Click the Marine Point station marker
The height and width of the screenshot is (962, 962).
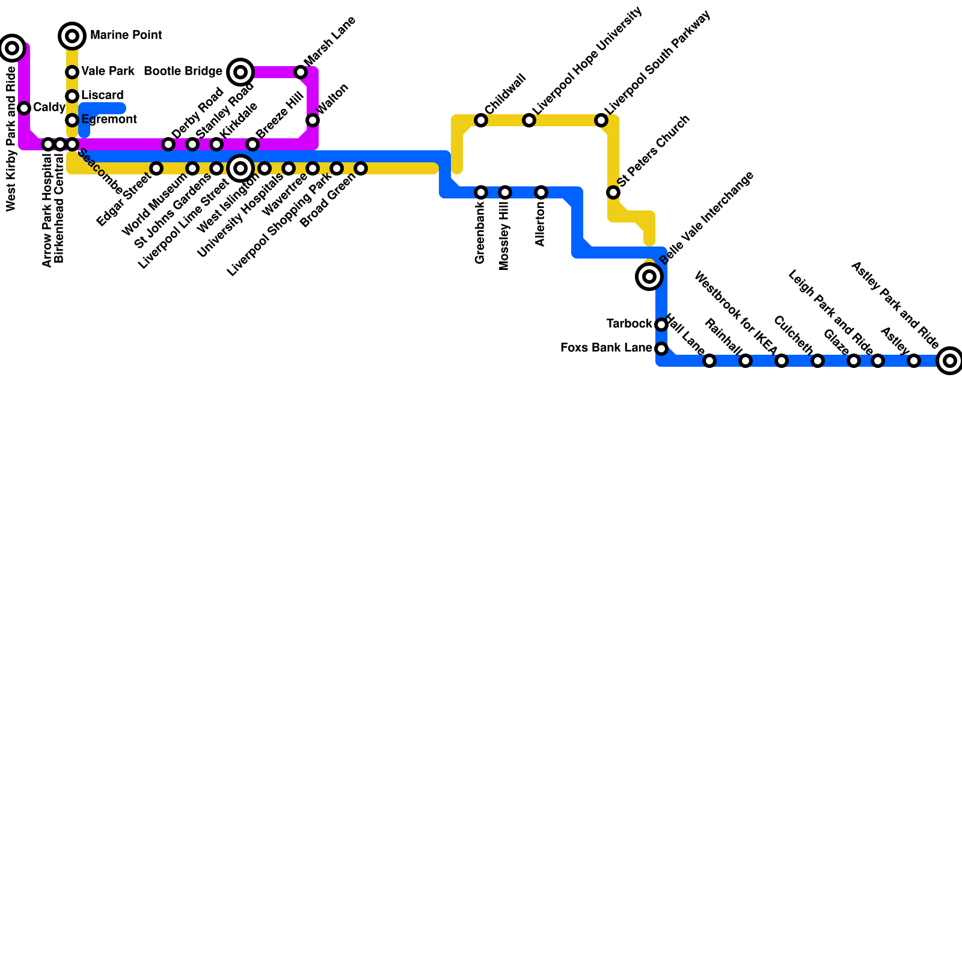click(72, 36)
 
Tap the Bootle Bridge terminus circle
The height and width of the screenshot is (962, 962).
click(240, 72)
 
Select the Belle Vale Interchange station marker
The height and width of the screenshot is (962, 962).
click(649, 277)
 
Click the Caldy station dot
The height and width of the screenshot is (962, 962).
click(24, 108)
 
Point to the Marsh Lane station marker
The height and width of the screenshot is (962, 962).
click(301, 72)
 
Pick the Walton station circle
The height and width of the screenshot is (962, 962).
click(313, 120)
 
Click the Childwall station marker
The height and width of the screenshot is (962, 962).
click(481, 120)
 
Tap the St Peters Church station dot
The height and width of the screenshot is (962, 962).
click(613, 192)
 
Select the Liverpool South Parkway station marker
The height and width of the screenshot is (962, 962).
click(601, 120)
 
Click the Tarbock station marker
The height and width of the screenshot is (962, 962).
click(661, 325)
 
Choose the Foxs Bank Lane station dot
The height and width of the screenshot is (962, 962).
click(661, 349)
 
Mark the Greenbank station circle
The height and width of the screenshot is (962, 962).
click(481, 192)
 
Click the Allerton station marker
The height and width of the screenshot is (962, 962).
click(541, 192)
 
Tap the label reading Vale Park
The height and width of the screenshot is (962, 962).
click(108, 72)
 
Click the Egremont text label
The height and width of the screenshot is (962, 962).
click(109, 120)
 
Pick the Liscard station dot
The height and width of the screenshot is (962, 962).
click(72, 96)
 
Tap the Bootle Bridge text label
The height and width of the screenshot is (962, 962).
click(183, 72)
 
